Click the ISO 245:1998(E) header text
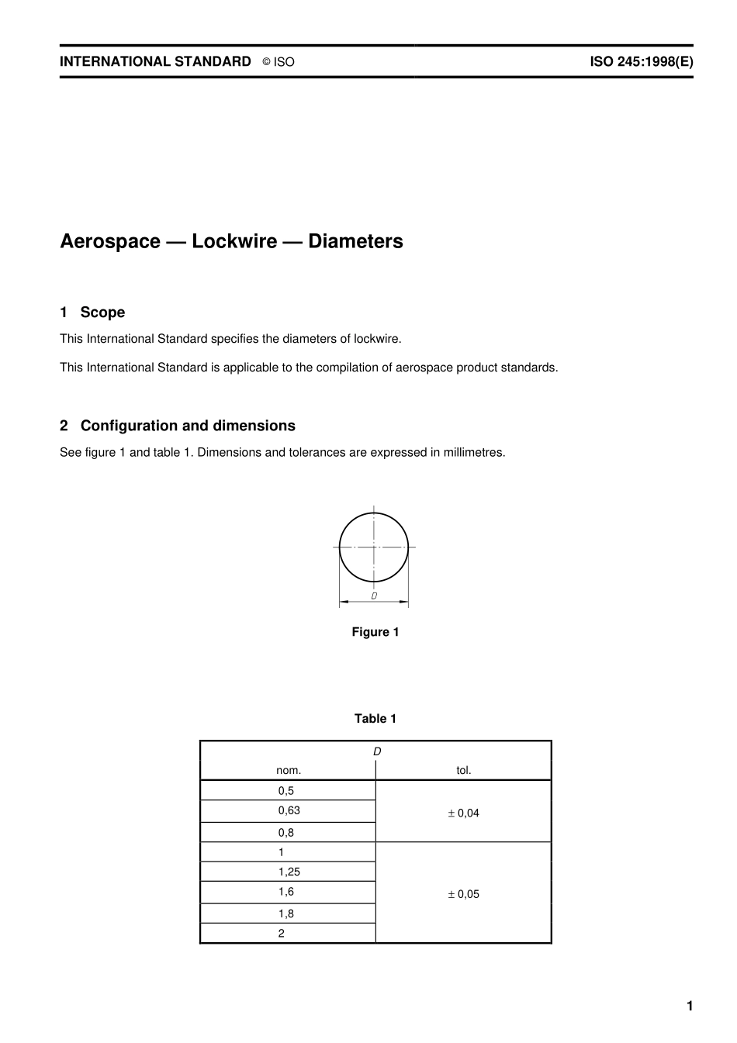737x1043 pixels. [641, 62]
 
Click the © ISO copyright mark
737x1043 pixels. [278, 62]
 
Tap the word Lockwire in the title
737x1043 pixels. [234, 241]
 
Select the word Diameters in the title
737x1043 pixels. [355, 241]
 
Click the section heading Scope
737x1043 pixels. [102, 313]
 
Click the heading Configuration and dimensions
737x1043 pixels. [188, 426]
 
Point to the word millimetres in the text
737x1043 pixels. [472, 452]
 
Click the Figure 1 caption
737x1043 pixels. [375, 632]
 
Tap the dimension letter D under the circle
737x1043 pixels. [374, 596]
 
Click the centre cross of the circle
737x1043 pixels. [374, 547]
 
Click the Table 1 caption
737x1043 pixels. [375, 719]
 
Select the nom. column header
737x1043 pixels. [289, 770]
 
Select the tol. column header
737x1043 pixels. [464, 770]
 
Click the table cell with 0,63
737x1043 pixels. [289, 810]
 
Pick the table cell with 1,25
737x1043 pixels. [289, 872]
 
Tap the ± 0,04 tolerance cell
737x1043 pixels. [463, 813]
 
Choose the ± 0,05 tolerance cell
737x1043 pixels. [463, 893]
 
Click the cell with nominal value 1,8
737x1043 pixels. [286, 913]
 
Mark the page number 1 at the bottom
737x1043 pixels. [690, 1006]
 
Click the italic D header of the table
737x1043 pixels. [377, 751]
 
